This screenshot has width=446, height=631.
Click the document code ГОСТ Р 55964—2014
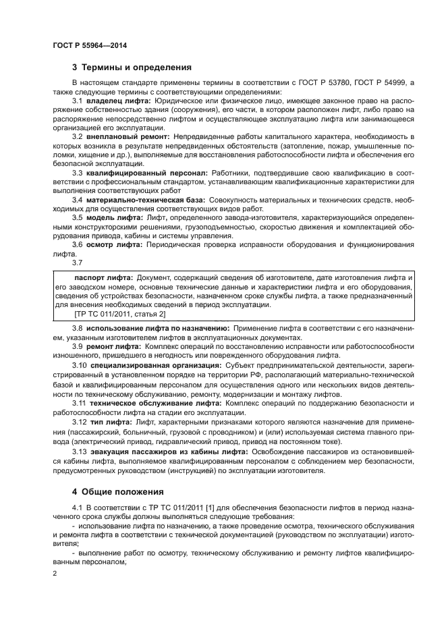[x=90, y=45]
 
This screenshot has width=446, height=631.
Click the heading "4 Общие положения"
[x=118, y=492]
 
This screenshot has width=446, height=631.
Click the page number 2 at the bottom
[x=55, y=573]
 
